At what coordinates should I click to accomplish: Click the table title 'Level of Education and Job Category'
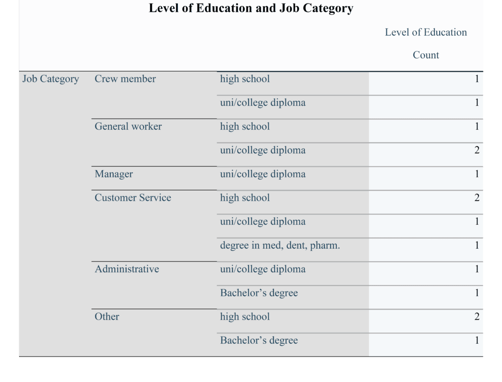coord(251,8)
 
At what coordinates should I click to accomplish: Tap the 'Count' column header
coord(426,55)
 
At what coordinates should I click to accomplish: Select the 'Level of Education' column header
coord(426,32)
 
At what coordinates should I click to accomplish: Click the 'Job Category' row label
coord(50,79)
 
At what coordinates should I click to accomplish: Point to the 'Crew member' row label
coord(125,79)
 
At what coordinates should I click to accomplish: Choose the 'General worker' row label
coord(128,126)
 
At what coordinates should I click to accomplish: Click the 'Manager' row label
coord(114,174)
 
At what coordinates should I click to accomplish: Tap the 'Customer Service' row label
coord(133,198)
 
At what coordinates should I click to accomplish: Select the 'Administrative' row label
coord(126,269)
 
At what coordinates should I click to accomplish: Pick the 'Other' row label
coord(107,316)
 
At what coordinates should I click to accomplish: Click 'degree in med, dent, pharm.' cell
coord(280,245)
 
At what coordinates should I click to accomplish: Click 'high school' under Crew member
coord(245,79)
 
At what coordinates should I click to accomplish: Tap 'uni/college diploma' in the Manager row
coord(262,174)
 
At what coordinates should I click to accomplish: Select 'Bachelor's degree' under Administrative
coord(259,293)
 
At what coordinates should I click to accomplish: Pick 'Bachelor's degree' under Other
coord(259,340)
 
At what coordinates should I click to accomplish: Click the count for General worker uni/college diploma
coord(477,150)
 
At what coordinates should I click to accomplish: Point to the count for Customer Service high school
coord(477,198)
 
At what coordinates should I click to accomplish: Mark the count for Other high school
coord(477,316)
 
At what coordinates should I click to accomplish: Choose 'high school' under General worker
coord(245,126)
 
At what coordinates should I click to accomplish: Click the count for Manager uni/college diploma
coord(477,174)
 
